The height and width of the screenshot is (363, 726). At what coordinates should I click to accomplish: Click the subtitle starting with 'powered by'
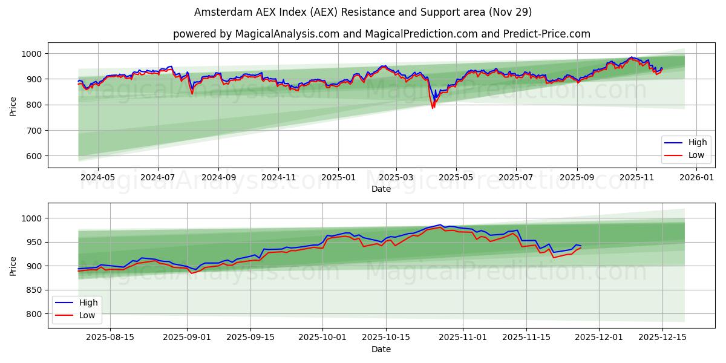point(381,34)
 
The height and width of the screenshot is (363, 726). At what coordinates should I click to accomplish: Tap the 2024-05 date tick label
point(97,178)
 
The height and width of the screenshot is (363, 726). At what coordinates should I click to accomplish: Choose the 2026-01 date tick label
point(696,178)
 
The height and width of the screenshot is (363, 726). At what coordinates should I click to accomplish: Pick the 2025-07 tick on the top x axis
point(515,178)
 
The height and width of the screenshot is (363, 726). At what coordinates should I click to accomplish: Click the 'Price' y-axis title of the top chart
point(13,105)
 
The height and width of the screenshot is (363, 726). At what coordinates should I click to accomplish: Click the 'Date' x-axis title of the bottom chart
point(381,349)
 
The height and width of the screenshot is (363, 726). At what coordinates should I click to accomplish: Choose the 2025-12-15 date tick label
point(662,338)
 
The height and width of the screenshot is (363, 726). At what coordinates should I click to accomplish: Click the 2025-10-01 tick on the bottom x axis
point(322,338)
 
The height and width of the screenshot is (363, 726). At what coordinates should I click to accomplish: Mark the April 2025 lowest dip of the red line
point(433,108)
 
